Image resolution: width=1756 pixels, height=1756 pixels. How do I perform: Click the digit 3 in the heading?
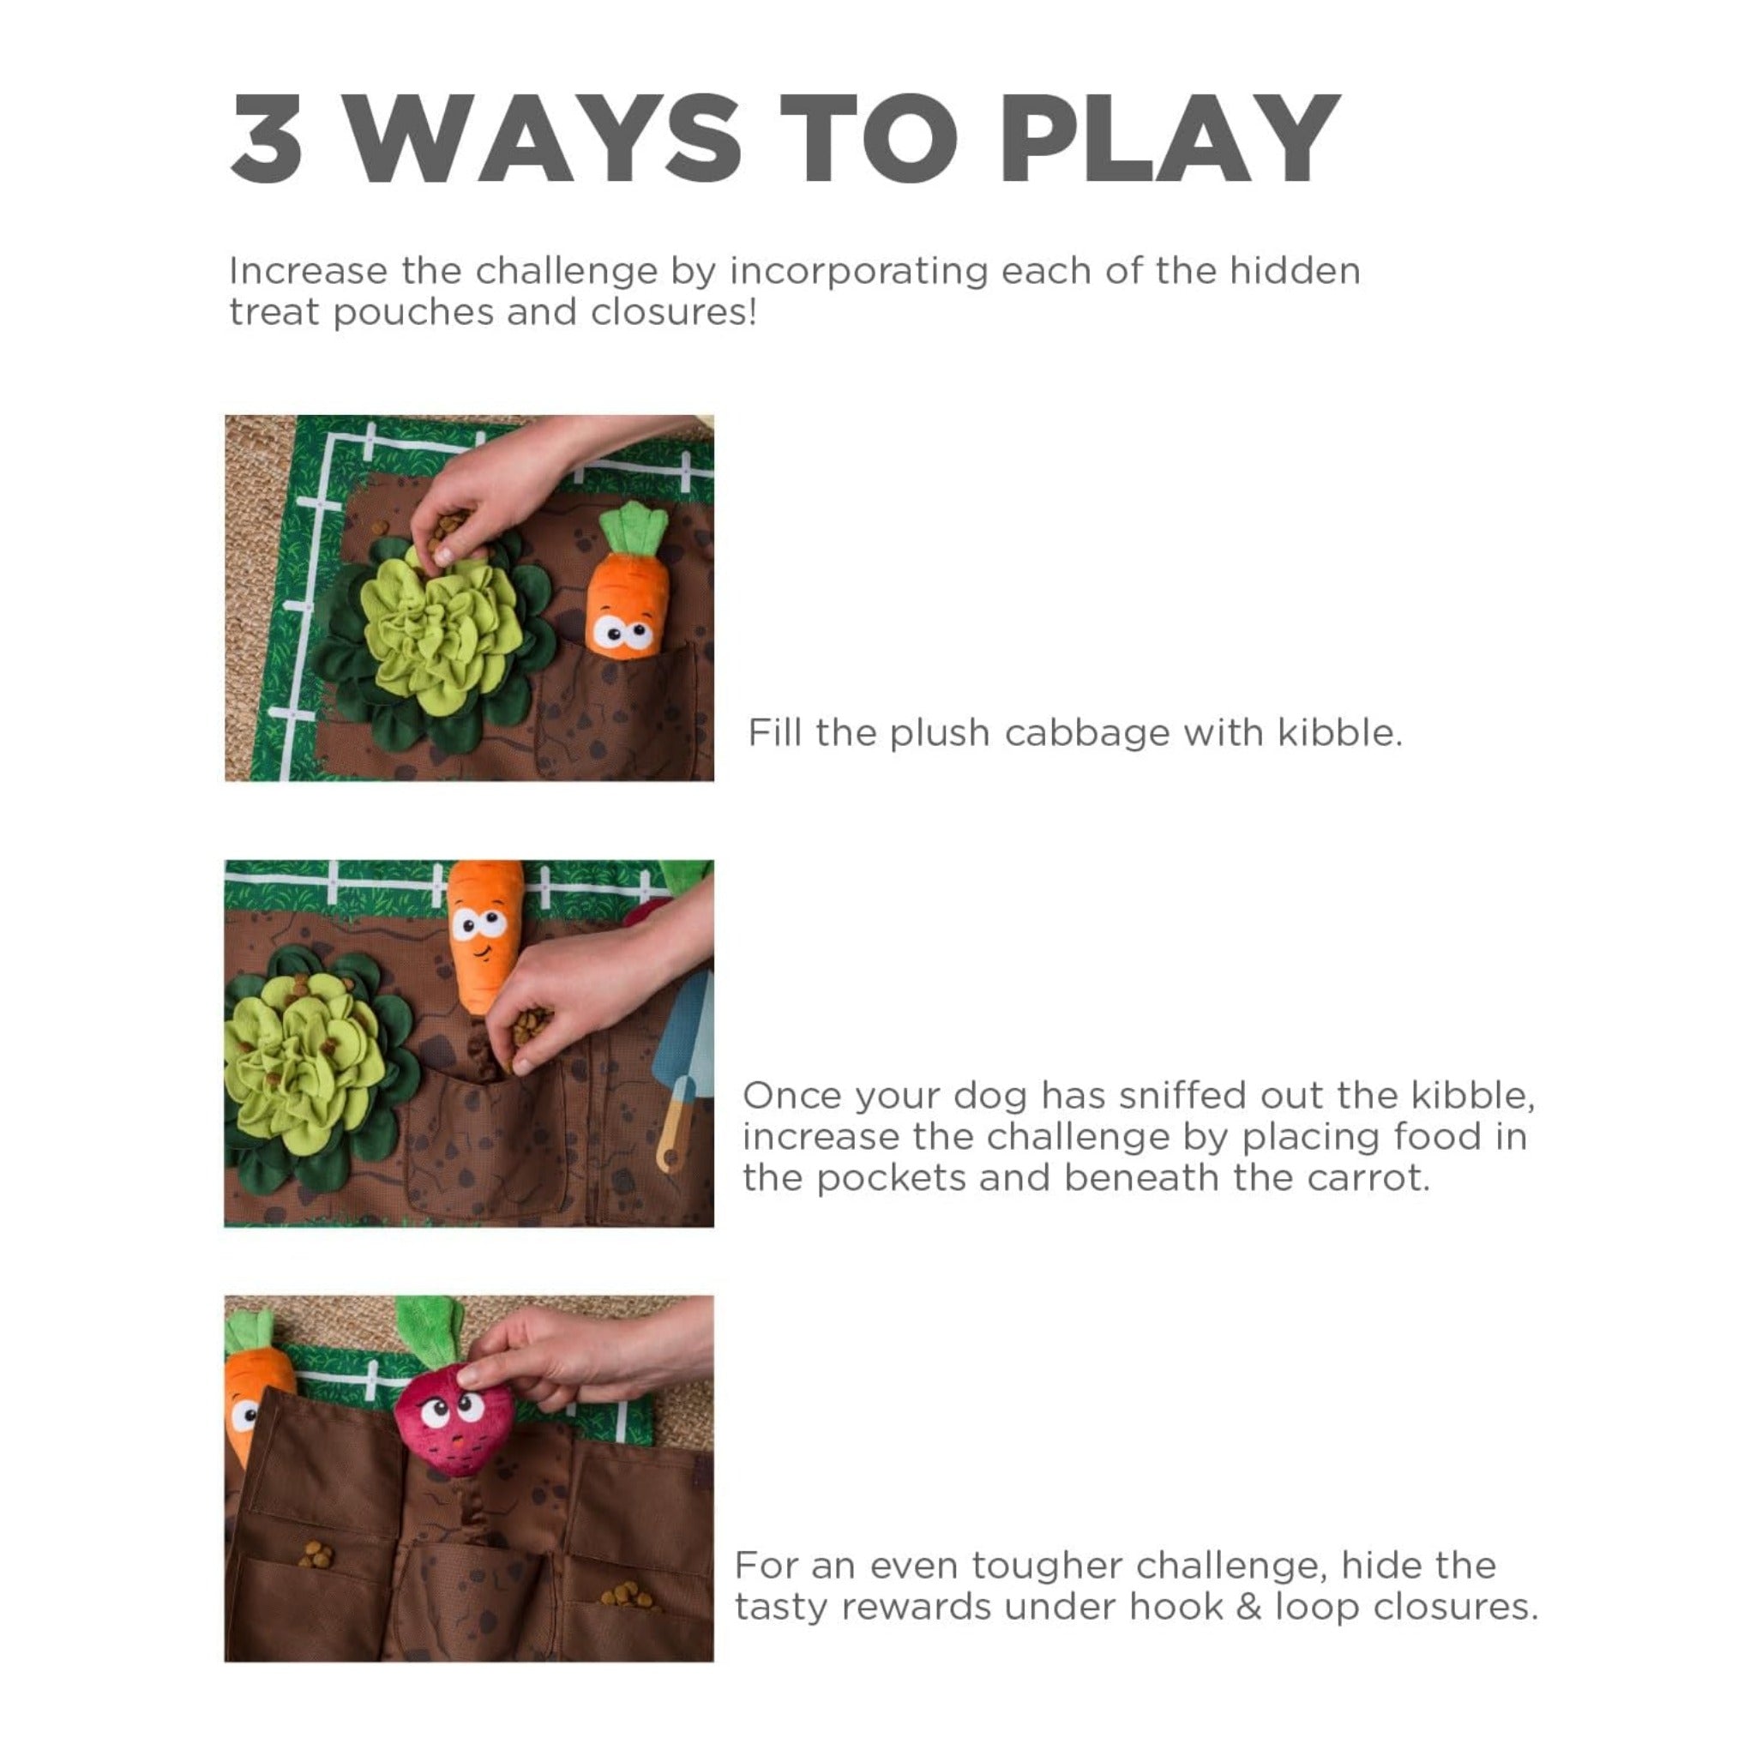pyautogui.click(x=267, y=138)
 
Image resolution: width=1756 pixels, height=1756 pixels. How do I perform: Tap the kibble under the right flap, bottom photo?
pyautogui.click(x=626, y=1595)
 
